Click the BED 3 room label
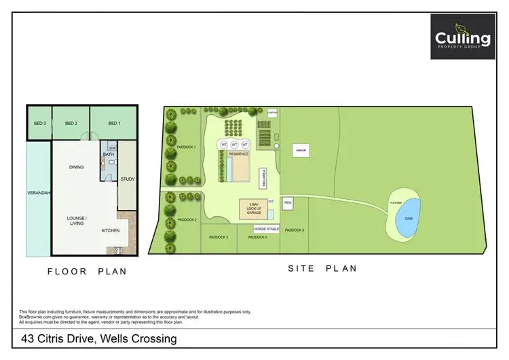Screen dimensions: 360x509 point(39,123)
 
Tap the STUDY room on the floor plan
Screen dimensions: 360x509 point(127,179)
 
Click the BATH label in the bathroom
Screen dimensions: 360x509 point(109,155)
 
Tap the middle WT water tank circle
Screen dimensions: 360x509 point(235,145)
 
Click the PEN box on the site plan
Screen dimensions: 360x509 point(288,202)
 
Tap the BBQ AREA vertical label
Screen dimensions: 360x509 point(272,179)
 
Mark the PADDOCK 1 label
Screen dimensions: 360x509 point(186,147)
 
